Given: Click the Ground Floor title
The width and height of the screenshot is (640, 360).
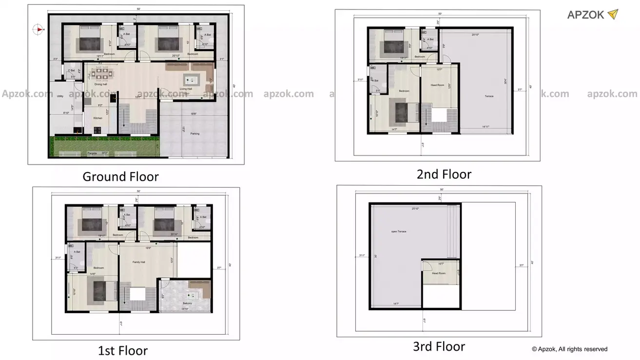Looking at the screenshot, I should pos(120,176).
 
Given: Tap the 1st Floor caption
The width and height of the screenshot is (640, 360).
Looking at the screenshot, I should pos(123,350).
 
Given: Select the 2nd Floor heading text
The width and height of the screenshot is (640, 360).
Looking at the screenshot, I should pos(444,174).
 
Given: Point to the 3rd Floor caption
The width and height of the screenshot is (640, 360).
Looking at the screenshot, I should pos(439,346).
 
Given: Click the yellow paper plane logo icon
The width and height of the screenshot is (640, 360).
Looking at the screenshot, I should pos(613,14).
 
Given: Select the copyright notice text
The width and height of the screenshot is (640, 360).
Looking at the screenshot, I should pos(569,349).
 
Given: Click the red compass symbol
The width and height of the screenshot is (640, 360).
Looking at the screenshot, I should pos(38,29).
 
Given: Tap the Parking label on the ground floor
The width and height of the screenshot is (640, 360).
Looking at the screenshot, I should pos(194,133).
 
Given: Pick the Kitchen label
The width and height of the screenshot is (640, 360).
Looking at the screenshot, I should pos(98,118).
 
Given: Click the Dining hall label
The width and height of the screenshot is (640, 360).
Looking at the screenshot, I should pos(100,84).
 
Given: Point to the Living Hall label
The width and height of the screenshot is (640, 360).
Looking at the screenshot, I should pos(186,89).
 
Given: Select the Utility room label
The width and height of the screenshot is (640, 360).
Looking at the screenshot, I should pos(60,96).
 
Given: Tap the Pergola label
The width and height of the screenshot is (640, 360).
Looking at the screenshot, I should pos(92,153).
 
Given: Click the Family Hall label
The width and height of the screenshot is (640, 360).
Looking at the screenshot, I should pos(139,262).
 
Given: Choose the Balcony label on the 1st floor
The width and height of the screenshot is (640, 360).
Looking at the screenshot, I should pos(187,303).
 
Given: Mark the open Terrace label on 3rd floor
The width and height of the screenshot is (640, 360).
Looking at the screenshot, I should pos(398,231).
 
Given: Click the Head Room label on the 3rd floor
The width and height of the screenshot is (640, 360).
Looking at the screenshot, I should pos(439,273).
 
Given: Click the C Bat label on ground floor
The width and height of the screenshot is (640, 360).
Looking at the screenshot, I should pos(71,70).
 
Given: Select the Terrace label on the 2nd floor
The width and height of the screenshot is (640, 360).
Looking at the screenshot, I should pos(489,96).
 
